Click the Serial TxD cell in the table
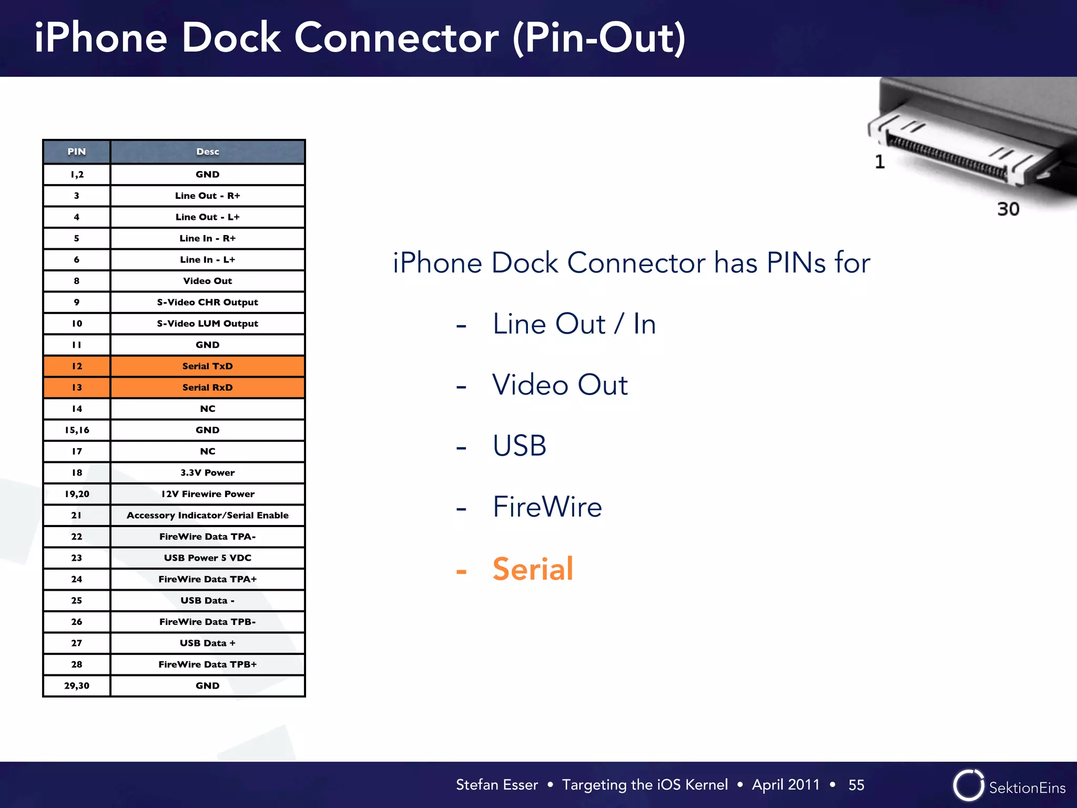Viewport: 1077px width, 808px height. tap(207, 366)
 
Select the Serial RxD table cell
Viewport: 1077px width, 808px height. tap(207, 388)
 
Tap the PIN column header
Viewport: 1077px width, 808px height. tap(77, 151)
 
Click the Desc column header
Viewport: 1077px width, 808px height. tap(207, 151)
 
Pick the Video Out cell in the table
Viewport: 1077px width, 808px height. tap(207, 281)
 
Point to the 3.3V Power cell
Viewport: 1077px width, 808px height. tap(207, 472)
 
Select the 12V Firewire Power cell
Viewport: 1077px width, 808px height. tap(207, 494)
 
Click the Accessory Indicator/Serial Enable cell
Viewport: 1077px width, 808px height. tap(207, 516)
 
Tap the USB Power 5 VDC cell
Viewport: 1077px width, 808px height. tap(207, 558)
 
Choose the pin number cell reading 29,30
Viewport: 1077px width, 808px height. tap(77, 685)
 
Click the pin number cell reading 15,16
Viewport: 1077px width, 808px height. tap(77, 430)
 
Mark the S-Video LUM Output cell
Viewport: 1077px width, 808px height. tap(207, 324)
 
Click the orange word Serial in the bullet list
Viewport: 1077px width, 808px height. tap(533, 569)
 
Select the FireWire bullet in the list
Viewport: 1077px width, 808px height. tap(547, 507)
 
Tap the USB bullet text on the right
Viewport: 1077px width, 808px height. tap(520, 446)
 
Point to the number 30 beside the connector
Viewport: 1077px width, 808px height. tap(1008, 209)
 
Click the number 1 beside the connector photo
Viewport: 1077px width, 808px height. tap(880, 162)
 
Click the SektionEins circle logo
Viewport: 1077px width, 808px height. tap(968, 785)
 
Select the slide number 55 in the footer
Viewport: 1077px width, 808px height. tap(856, 785)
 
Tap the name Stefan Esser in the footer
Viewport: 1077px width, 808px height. tap(496, 785)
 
